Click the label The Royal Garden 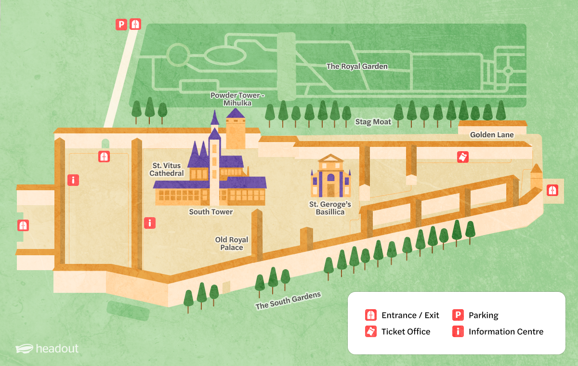pos(357,66)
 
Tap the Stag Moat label pos(373,122)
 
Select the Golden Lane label pos(492,135)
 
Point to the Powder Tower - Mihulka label pos(237,99)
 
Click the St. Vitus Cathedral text pos(167,170)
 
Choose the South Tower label pos(210,212)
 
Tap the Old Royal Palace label pos(232,244)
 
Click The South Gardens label pos(288,301)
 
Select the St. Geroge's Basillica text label pos(330,208)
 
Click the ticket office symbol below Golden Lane pos(463,157)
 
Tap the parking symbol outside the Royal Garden pos(121,24)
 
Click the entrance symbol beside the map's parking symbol pos(135,24)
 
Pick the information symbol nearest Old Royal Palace pos(150,223)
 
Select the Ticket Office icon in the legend pos(371,331)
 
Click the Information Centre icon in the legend pos(458,331)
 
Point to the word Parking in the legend pos(483,315)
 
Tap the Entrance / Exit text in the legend pos(410,315)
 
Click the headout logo pos(47,348)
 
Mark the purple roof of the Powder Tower pos(235,114)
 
